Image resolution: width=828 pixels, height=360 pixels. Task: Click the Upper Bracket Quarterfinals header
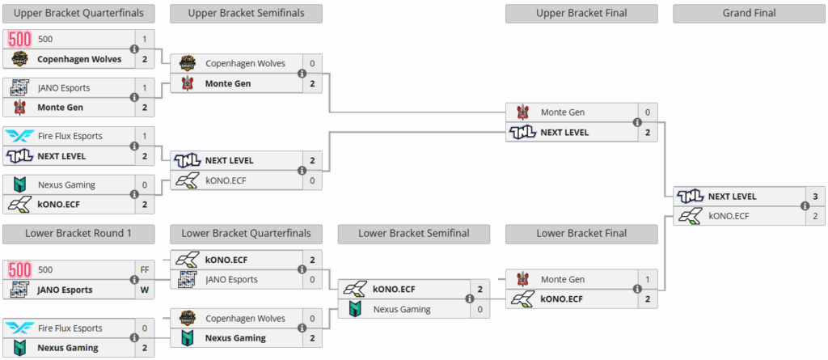[79, 13]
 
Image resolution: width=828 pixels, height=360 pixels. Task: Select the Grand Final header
[749, 13]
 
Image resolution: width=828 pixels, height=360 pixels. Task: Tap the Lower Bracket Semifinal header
[414, 234]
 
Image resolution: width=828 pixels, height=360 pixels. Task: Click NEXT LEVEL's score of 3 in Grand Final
[814, 197]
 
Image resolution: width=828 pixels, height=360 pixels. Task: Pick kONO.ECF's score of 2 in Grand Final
[814, 215]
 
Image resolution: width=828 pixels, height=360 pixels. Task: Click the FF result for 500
[145, 269]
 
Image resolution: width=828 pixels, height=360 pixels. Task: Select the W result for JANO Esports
[145, 290]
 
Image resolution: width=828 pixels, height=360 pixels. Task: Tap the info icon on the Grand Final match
[805, 205]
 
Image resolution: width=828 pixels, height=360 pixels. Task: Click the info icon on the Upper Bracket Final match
[637, 122]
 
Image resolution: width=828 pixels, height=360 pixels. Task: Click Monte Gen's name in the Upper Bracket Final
[563, 112]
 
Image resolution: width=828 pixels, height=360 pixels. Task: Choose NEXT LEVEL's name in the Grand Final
[732, 197]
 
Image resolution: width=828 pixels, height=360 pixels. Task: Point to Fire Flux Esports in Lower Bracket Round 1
[70, 328]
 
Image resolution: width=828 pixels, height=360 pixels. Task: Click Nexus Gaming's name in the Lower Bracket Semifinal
[402, 308]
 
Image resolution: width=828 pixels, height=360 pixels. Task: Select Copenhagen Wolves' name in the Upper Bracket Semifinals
[245, 63]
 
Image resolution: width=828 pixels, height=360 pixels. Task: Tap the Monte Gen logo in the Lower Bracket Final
[522, 280]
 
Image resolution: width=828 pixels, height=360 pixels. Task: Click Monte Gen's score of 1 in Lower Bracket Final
[647, 280]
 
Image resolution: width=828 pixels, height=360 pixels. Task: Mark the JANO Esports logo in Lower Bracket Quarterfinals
[187, 280]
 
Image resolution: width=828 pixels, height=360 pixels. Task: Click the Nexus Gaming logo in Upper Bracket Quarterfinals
[19, 185]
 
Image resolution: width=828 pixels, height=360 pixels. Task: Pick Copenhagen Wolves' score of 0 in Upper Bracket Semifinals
[312, 63]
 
